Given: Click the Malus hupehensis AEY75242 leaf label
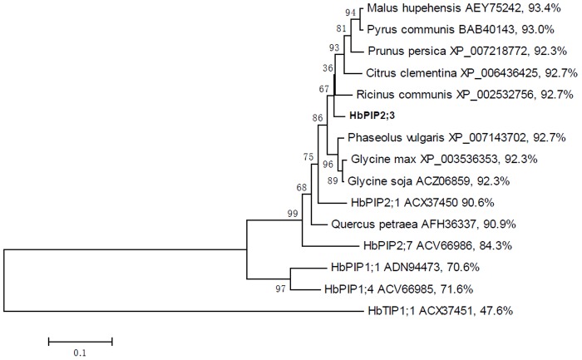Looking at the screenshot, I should [x=441, y=12].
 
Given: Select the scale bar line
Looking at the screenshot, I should [x=80, y=339].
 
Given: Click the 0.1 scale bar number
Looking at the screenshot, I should [x=80, y=353].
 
